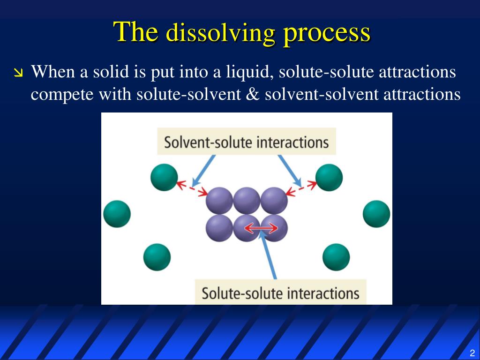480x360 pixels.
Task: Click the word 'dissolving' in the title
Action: point(221,33)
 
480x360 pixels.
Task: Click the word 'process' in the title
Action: point(326,33)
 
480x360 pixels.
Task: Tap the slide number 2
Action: point(472,353)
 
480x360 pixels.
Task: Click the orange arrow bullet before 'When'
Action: point(18,73)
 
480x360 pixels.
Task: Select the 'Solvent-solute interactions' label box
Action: point(247,142)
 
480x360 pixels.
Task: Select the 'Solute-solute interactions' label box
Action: point(280,293)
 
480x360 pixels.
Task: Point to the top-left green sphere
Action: point(164,177)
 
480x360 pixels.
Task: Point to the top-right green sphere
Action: point(329,177)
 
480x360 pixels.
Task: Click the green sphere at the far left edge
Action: point(117,214)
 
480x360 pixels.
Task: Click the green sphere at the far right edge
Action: point(376,214)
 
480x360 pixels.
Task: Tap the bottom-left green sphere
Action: point(157,257)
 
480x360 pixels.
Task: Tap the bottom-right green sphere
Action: point(336,257)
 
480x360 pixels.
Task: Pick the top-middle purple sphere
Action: point(247,201)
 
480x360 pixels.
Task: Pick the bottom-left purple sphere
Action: point(219,228)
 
